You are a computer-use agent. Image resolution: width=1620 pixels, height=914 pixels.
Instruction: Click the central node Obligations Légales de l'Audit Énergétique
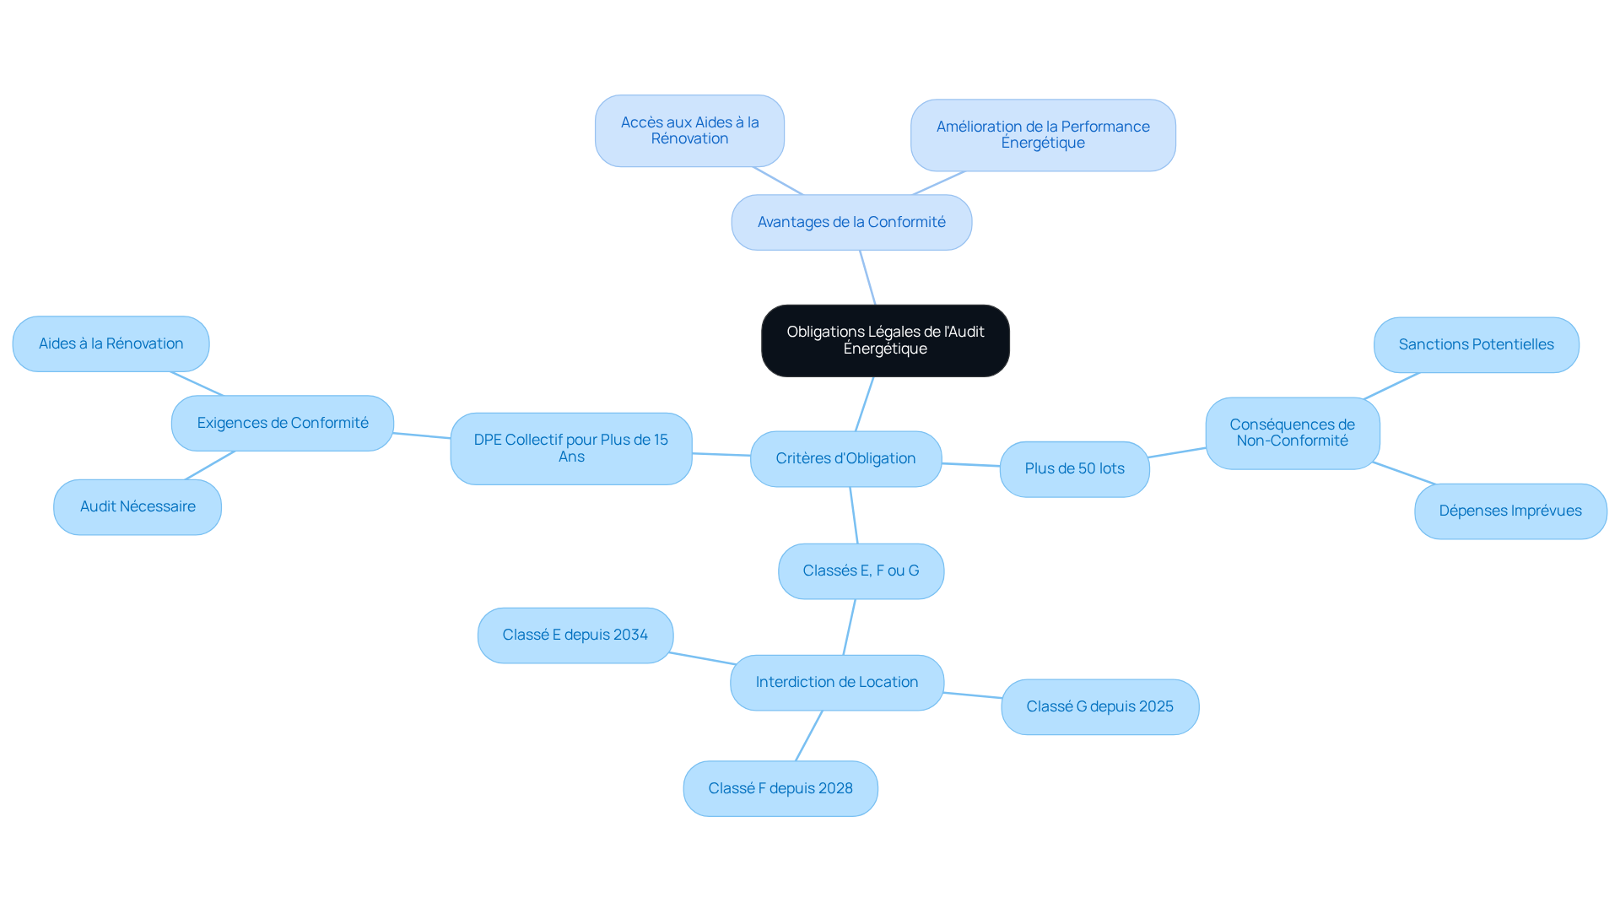(x=885, y=340)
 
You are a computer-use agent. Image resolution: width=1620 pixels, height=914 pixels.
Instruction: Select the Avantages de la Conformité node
(x=851, y=222)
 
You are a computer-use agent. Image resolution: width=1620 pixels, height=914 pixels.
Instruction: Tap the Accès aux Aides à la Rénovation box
(x=689, y=131)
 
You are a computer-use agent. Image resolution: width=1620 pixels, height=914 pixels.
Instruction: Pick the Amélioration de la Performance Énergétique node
(x=1043, y=135)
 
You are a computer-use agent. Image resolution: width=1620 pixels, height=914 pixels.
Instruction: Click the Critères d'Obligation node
(x=845, y=458)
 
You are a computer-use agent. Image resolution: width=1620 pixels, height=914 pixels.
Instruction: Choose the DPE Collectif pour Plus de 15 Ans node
(x=571, y=448)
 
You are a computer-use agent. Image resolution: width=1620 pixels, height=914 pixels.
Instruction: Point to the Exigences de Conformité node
(x=283, y=423)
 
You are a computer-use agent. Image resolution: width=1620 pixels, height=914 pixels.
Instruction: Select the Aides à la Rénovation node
(x=111, y=343)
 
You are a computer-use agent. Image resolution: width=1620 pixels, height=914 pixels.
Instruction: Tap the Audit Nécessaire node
(x=138, y=506)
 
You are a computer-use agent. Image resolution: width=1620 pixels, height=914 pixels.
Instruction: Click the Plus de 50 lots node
(x=1074, y=468)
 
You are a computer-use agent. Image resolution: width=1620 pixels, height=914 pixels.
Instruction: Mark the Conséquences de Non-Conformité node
(x=1293, y=433)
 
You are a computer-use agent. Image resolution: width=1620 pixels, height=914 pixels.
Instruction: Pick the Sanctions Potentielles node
(x=1476, y=344)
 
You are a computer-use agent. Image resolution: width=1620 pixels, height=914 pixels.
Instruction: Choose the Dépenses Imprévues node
(x=1510, y=511)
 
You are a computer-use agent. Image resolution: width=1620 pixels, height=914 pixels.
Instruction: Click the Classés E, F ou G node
(x=861, y=571)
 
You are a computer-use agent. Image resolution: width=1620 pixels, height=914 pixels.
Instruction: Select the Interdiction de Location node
(x=836, y=682)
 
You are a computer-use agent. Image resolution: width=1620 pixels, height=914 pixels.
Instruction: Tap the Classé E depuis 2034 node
(x=575, y=635)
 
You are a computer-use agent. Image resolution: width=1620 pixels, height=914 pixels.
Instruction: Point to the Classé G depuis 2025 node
(x=1099, y=706)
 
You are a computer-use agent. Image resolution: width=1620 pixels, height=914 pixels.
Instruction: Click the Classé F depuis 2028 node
(x=780, y=788)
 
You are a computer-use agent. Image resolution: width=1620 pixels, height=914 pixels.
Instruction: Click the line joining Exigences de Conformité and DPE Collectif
(x=422, y=435)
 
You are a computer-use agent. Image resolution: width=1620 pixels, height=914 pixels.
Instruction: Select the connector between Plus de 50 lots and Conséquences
(x=1177, y=452)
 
